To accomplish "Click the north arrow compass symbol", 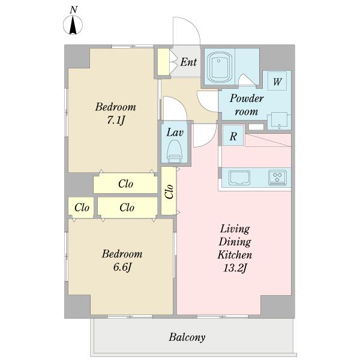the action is click(73, 25).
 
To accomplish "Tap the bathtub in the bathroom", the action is click(218, 67).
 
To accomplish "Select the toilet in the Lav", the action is click(175, 151).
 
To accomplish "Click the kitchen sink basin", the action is click(239, 178).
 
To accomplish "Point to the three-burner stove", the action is click(277, 178).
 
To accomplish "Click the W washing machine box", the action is click(277, 81).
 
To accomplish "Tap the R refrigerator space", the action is click(233, 136).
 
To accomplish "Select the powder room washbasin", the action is click(279, 121).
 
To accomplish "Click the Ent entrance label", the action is click(188, 62).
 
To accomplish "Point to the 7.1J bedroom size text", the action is click(116, 120).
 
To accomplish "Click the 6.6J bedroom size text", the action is click(122, 267).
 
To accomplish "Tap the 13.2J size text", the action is click(235, 268).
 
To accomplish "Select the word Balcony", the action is click(187, 337).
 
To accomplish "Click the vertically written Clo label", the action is click(169, 191).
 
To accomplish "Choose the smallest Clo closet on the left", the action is click(81, 208).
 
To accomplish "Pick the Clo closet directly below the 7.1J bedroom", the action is click(125, 183).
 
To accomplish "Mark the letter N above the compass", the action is click(73, 10).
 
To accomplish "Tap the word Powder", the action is click(247, 98).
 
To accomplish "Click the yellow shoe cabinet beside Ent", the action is click(163, 62).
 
